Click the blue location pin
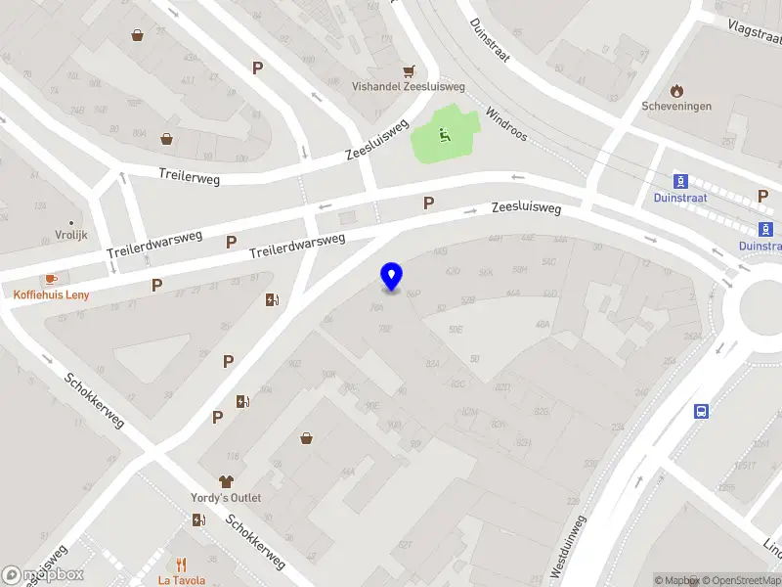pyautogui.click(x=391, y=277)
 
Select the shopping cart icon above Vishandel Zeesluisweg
pyautogui.click(x=409, y=70)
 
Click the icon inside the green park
pyautogui.click(x=445, y=136)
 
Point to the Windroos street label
pyautogui.click(x=505, y=124)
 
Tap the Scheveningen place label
pyautogui.click(x=676, y=106)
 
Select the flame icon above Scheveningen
pyautogui.click(x=676, y=90)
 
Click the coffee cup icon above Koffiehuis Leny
pyautogui.click(x=50, y=279)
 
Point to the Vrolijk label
pyautogui.click(x=70, y=236)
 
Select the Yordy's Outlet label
pyautogui.click(x=226, y=498)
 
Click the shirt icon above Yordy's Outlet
pyautogui.click(x=226, y=481)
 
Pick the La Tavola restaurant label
pyautogui.click(x=182, y=580)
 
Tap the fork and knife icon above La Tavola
pyautogui.click(x=181, y=564)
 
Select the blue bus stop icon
pyautogui.click(x=701, y=411)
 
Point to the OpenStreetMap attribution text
pyautogui.click(x=740, y=580)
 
